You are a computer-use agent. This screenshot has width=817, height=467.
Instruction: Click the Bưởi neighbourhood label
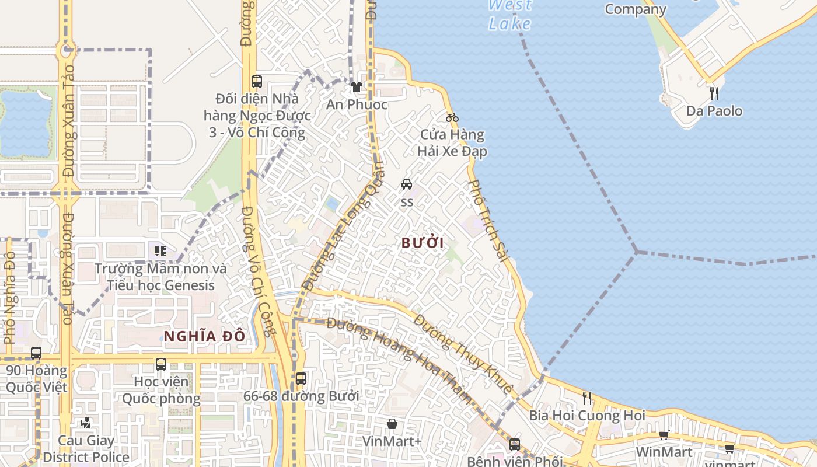click(423, 243)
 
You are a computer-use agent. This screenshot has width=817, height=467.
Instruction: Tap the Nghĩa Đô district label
click(204, 336)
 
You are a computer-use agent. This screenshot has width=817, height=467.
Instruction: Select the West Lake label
click(509, 15)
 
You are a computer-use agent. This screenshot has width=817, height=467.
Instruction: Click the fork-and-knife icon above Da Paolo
click(714, 93)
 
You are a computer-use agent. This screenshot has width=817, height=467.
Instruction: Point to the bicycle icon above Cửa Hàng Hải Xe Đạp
click(452, 117)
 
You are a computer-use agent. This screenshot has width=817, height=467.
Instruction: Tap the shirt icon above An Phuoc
click(357, 87)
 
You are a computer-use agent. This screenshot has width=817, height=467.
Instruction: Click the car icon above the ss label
click(407, 184)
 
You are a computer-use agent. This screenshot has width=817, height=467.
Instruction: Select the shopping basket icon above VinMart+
click(392, 423)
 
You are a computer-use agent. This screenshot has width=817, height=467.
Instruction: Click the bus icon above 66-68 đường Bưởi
click(301, 378)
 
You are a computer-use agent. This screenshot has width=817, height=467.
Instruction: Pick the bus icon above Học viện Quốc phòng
click(161, 364)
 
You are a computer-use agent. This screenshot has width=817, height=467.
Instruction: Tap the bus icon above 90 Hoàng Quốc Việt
click(36, 353)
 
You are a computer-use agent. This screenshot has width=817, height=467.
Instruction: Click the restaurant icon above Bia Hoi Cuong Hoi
click(587, 398)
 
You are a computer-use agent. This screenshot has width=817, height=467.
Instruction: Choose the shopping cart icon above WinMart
click(664, 435)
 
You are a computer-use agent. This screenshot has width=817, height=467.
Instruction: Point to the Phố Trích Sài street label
click(486, 220)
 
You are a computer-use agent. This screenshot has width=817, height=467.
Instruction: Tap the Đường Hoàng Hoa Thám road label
click(400, 360)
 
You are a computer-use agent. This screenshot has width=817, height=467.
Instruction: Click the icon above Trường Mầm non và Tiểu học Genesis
click(160, 251)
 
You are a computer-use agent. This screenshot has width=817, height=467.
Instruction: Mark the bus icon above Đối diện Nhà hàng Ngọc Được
click(256, 81)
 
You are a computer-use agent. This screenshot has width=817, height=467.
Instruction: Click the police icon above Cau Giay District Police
click(86, 422)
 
